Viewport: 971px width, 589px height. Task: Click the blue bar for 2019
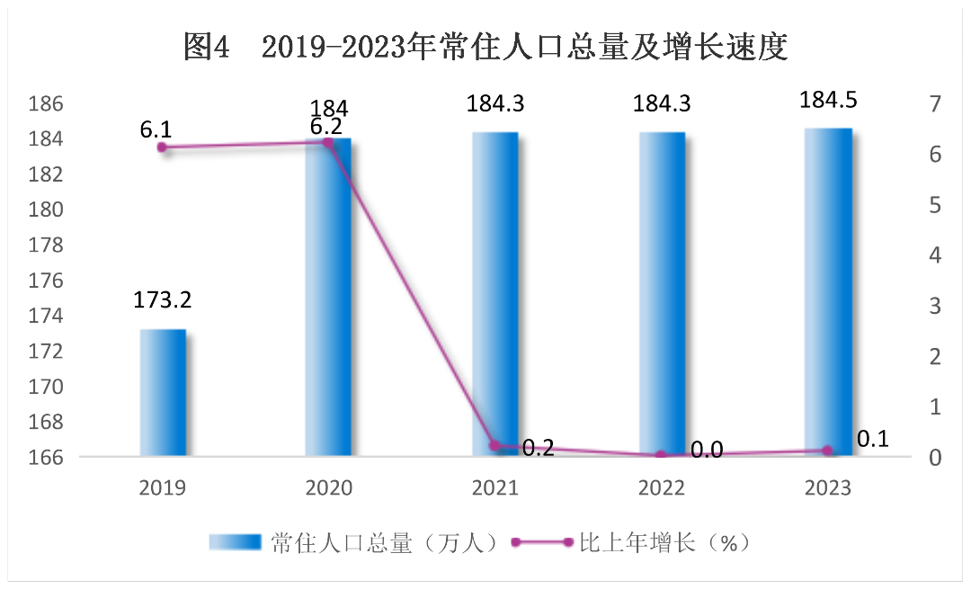pos(163,393)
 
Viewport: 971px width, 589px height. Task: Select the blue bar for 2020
pos(328,298)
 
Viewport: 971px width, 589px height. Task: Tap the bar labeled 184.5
pos(828,292)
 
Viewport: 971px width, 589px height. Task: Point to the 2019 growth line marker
pos(162,147)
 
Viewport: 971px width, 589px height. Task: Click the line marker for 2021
pos(494,445)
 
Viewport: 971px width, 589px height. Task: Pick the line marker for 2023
pos(828,451)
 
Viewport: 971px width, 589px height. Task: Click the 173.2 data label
pos(163,299)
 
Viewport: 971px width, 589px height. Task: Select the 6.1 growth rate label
pos(156,130)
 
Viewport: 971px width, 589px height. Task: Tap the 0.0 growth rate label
pos(707,451)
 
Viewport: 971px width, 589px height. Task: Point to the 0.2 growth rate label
pos(539,447)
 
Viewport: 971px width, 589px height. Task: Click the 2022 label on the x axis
pos(662,488)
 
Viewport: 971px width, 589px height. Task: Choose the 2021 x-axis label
pos(494,488)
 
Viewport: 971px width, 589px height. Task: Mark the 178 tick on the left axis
pos(46,245)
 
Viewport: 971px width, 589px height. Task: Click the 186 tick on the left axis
pos(46,103)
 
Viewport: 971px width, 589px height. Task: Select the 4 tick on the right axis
pos(935,255)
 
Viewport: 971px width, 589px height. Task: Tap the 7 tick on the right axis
pos(935,103)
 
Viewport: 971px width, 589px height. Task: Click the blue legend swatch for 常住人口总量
pos(235,542)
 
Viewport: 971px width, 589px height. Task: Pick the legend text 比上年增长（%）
pos(664,543)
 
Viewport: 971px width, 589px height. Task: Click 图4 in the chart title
pos(207,47)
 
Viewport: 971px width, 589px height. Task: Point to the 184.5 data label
pos(829,100)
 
